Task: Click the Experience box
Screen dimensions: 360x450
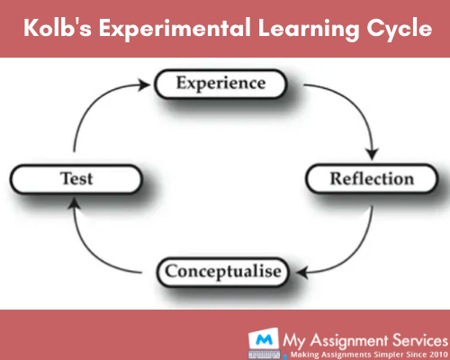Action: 220,85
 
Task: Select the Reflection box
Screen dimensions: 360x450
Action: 371,177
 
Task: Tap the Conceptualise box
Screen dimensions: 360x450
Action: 221,269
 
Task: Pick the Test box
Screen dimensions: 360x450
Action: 76,177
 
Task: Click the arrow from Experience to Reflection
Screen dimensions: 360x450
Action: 346,108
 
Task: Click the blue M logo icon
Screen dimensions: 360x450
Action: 261,340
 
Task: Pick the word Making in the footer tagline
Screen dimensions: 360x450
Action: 300,354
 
